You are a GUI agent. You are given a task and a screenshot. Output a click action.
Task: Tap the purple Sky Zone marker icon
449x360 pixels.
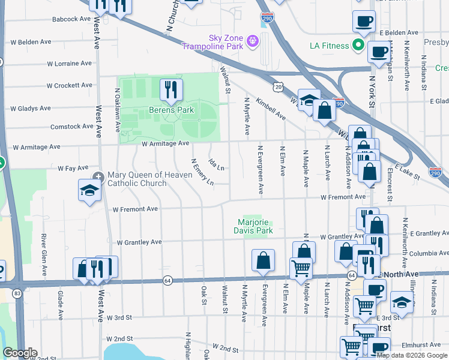253,40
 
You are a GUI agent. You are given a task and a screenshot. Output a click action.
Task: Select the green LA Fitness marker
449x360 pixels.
358,46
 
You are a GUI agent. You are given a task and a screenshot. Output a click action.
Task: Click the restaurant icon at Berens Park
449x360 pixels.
171,90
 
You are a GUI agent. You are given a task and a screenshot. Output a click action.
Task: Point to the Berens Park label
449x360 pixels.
171,110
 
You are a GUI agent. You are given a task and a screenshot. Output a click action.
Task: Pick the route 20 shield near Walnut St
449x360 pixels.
278,87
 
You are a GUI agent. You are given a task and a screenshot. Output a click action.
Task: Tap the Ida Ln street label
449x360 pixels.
216,164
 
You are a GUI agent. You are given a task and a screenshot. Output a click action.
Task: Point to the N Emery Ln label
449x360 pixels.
202,172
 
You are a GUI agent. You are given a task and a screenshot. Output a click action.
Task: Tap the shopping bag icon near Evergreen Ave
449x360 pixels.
263,261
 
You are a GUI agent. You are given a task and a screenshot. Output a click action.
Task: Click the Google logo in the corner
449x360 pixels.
20,353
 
